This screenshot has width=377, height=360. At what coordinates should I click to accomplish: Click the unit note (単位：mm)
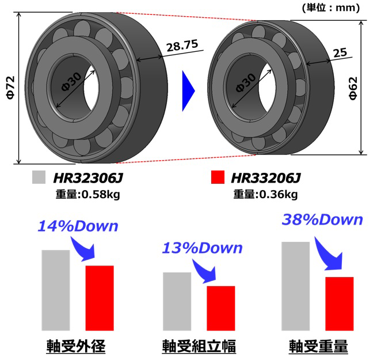[330, 7]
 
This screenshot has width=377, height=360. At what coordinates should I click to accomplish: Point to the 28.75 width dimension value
[182, 47]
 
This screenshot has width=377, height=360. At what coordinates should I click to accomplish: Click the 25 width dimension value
[340, 53]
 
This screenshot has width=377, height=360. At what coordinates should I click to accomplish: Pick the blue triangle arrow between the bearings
[188, 89]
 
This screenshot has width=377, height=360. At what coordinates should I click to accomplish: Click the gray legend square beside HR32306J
[39, 177]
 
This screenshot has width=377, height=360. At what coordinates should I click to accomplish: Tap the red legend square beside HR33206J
[218, 177]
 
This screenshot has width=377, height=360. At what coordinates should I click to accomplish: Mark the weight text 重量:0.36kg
[265, 194]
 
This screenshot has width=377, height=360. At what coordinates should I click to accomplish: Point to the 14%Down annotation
[78, 226]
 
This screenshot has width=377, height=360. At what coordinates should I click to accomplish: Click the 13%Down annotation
[201, 248]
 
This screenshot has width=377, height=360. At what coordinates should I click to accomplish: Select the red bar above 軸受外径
[100, 297]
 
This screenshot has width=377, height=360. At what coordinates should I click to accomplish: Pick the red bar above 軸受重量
[340, 303]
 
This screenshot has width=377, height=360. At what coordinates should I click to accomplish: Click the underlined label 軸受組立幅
[199, 346]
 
